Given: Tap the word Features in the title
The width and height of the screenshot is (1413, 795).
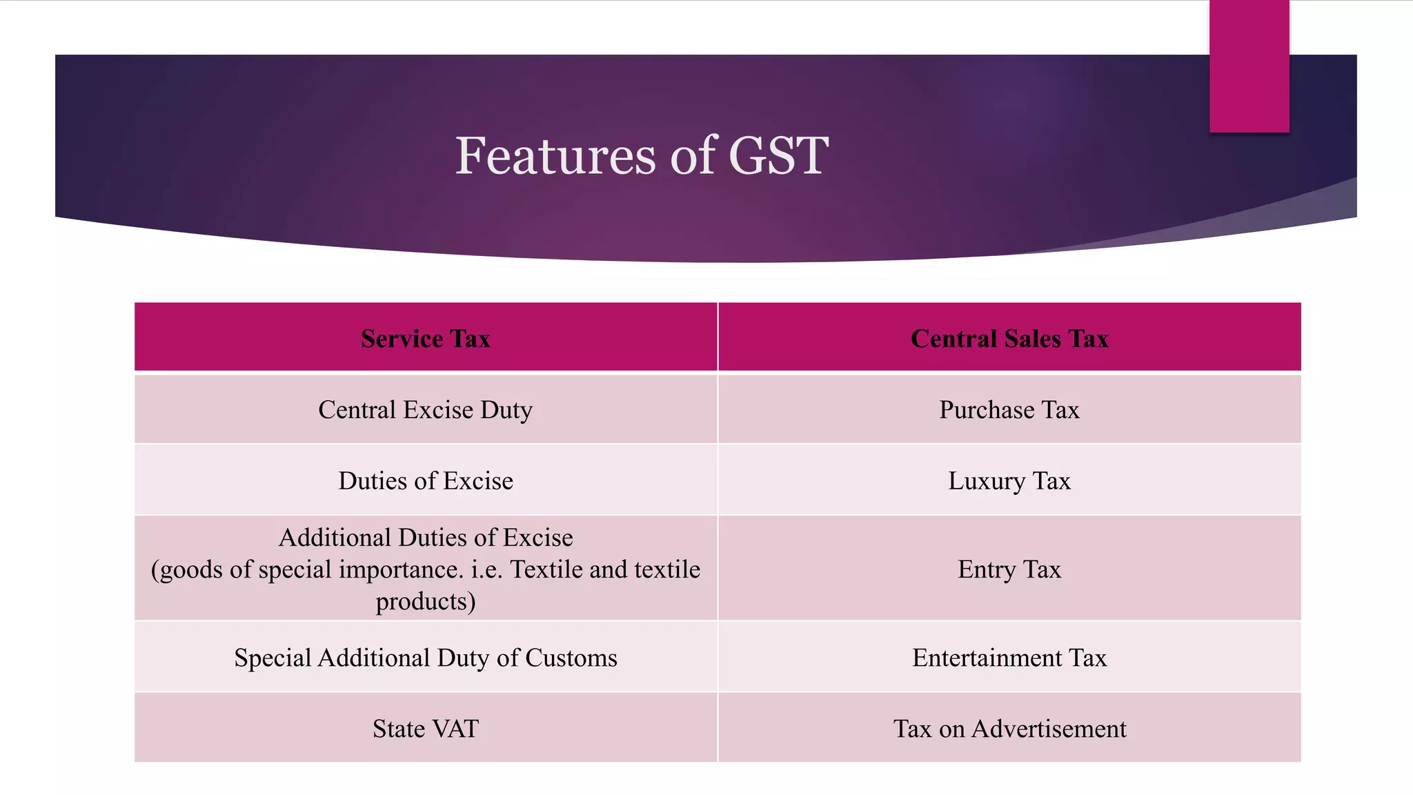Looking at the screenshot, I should point(555,156).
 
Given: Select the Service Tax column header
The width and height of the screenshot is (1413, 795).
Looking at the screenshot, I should point(426,339).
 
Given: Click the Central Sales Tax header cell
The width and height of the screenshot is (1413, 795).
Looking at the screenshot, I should point(1009,339).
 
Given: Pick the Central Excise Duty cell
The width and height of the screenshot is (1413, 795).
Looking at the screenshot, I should point(426,410).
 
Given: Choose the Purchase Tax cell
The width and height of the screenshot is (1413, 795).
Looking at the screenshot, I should point(1009,410).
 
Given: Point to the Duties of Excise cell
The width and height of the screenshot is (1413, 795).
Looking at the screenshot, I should point(426,481).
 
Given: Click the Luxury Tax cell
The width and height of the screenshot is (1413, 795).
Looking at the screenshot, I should point(1009,481).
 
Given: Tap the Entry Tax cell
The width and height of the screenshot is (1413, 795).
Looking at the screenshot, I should point(1009,569).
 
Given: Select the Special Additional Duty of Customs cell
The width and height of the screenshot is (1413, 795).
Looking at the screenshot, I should point(426,658).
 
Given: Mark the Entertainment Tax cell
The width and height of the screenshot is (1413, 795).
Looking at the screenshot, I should point(1009,658).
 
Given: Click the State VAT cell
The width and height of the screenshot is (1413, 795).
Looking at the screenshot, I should point(426,729).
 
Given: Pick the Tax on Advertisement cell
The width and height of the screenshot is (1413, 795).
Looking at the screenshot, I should point(1009,729).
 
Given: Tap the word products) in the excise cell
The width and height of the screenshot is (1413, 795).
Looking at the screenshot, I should point(426,601).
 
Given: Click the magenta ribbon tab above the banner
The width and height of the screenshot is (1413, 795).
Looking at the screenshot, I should point(1249,66).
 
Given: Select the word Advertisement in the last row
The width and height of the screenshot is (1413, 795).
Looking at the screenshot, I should point(1049,729).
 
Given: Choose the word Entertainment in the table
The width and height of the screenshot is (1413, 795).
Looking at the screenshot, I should point(987,658).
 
